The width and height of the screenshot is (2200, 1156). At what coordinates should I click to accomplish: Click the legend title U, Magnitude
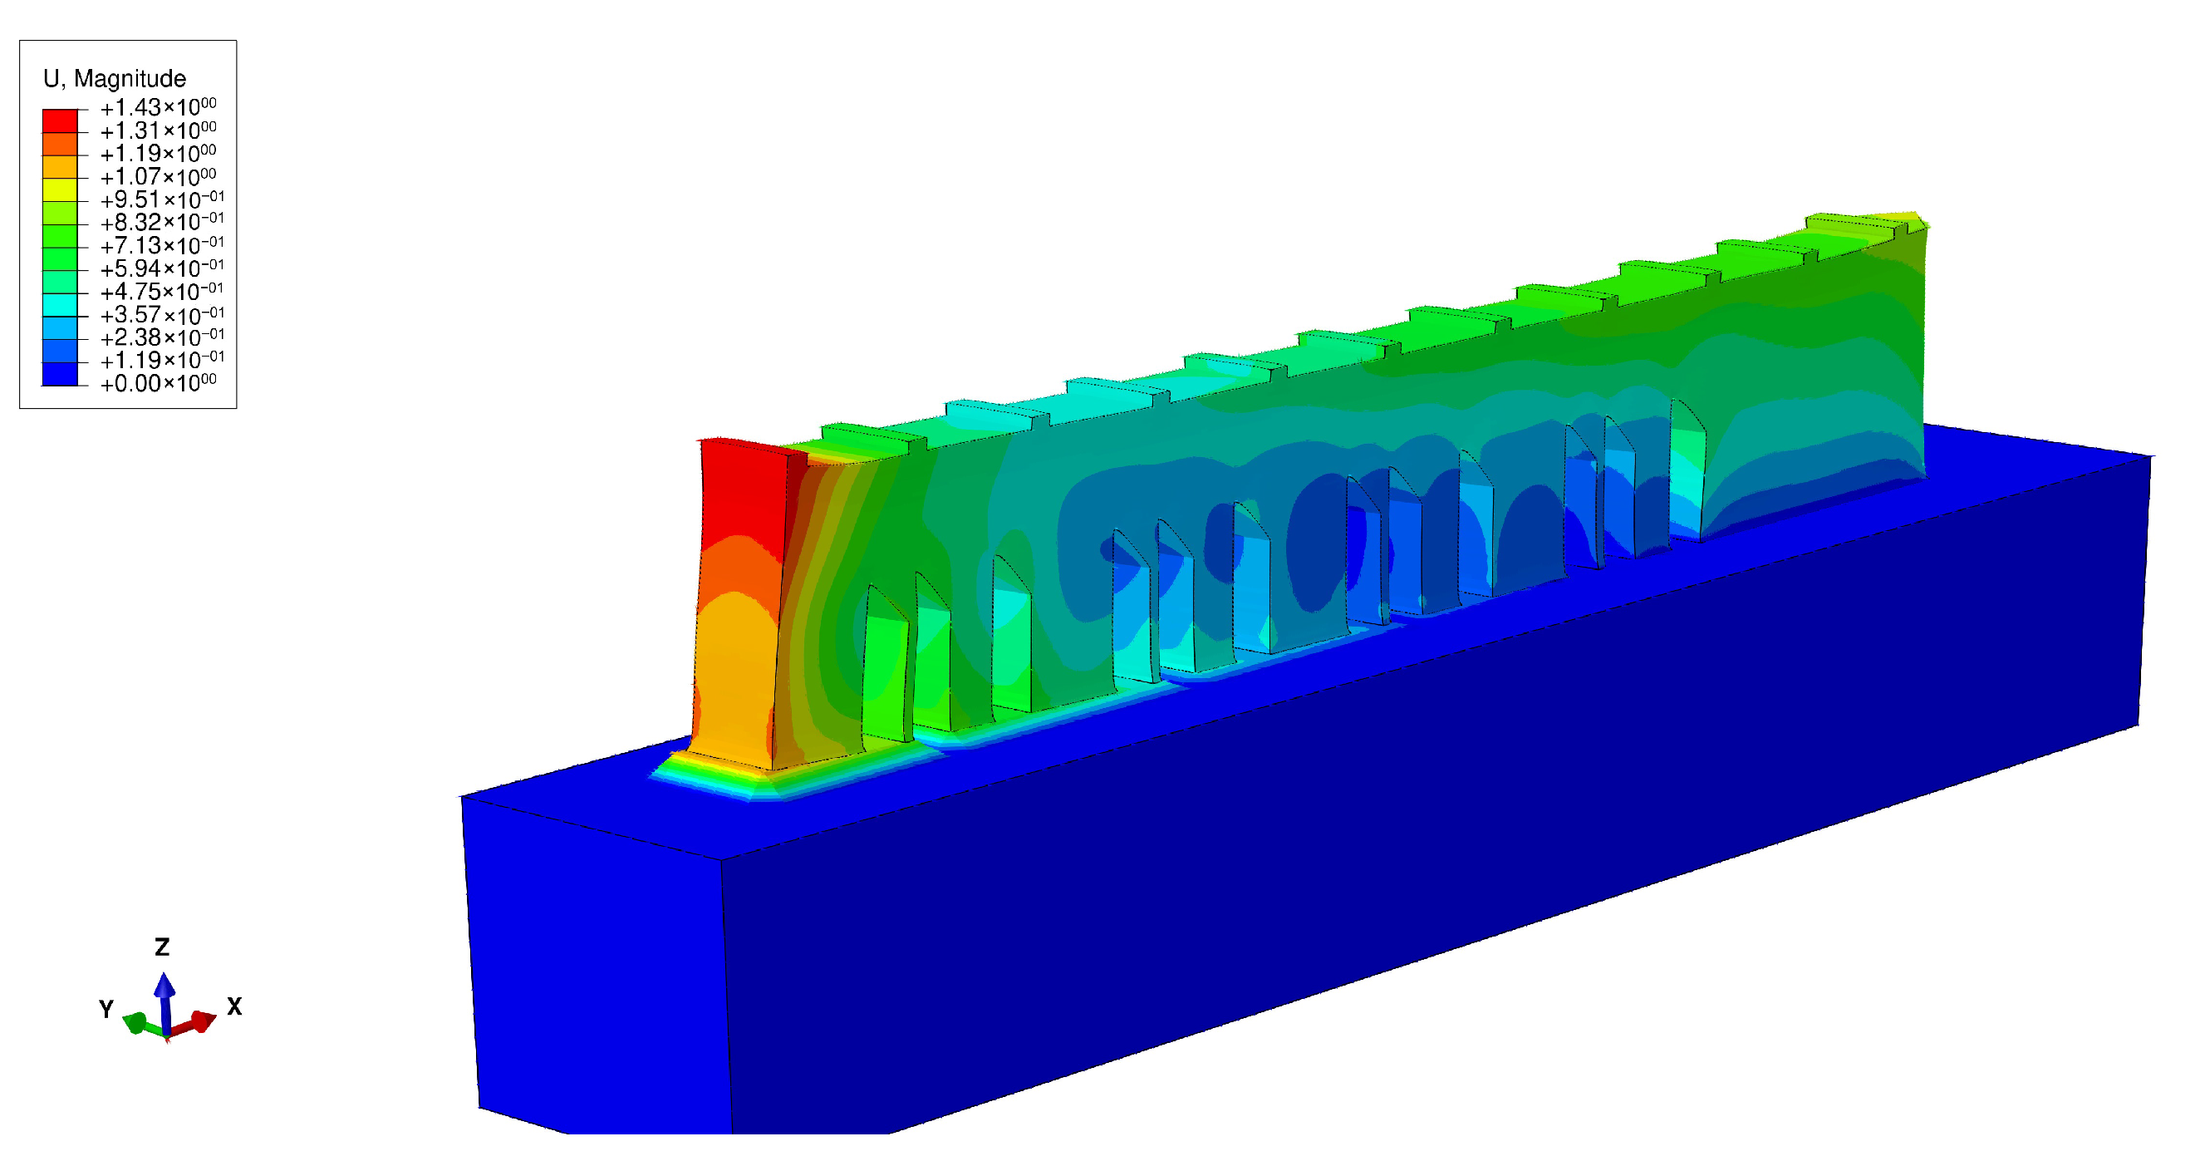point(115,79)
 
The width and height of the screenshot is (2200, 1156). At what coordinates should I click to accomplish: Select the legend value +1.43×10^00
point(159,107)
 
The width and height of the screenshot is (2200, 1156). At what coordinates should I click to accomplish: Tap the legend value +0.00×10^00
point(159,383)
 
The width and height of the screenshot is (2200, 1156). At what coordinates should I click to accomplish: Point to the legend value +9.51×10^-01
point(162,199)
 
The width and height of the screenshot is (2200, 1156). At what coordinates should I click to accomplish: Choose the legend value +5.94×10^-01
point(162,268)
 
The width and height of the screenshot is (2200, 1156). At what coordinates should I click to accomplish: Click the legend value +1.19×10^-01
point(162,360)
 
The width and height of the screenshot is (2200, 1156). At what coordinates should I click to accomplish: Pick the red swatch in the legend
point(60,121)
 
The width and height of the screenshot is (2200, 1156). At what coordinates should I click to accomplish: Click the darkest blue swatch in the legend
point(60,374)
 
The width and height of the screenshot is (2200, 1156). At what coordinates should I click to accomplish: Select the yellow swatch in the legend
point(60,189)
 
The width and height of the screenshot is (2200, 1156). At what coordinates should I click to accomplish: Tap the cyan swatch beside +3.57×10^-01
point(60,305)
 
